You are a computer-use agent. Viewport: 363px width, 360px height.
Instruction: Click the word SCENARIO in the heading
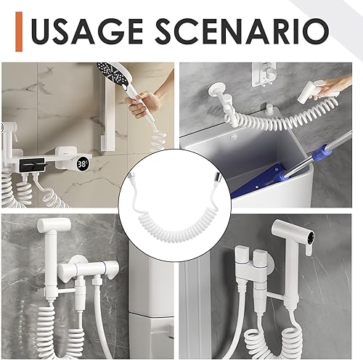point(242,31)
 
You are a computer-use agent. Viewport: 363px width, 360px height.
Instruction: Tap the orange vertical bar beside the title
point(19,31)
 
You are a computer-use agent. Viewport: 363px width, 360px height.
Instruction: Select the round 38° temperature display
point(83,164)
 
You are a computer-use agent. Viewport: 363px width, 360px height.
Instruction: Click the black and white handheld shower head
point(113,78)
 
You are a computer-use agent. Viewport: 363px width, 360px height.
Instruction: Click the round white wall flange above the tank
point(216,90)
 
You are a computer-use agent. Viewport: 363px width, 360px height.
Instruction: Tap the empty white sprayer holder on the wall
point(264,74)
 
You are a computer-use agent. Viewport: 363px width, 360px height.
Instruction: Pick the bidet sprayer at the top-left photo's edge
point(9,132)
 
